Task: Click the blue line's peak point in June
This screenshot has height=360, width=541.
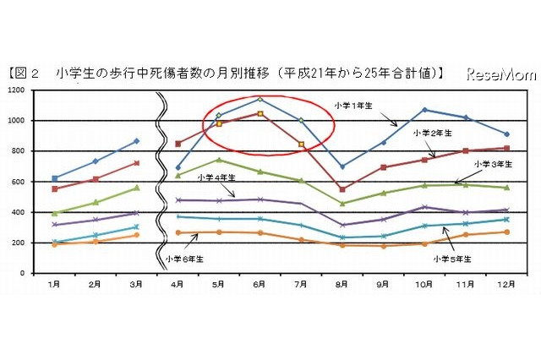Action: click(x=260, y=99)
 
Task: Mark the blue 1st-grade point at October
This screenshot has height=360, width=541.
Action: click(x=424, y=110)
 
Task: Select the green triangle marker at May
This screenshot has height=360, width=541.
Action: click(x=219, y=160)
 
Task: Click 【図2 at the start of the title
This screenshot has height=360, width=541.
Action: click(x=25, y=74)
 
